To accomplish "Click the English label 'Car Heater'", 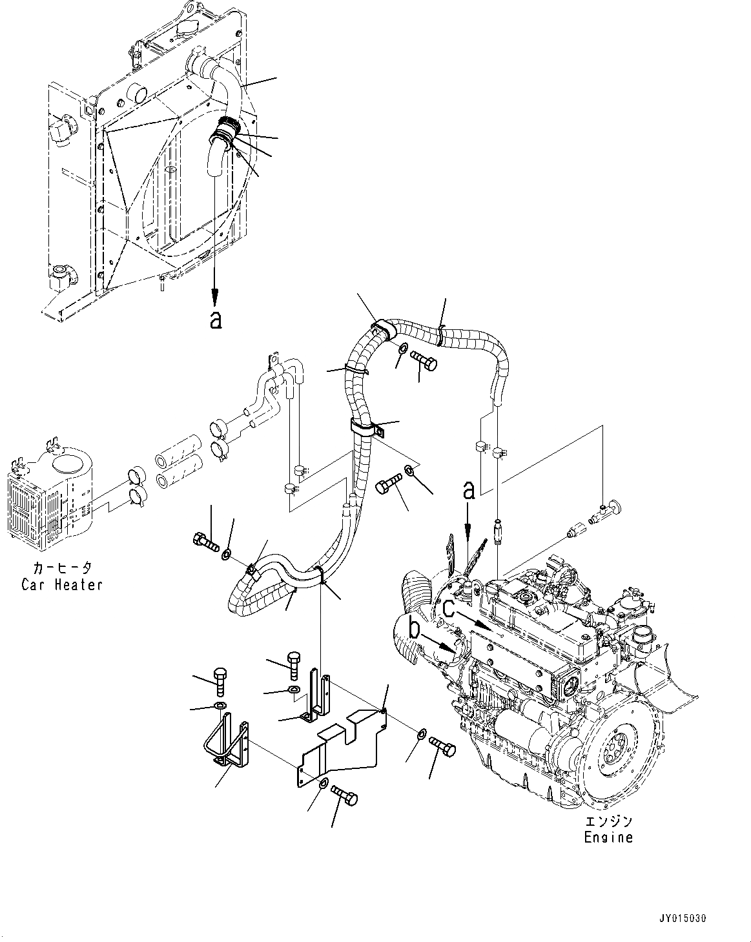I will [x=62, y=585].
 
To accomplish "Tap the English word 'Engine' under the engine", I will [x=608, y=837].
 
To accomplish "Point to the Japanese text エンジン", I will [x=608, y=821].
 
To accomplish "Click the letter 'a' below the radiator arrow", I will [x=216, y=319].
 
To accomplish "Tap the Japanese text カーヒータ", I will [x=62, y=569].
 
